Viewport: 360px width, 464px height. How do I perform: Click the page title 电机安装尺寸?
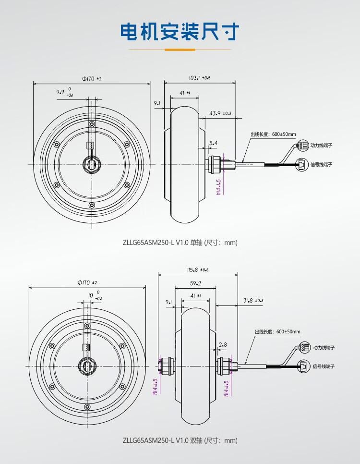(180, 31)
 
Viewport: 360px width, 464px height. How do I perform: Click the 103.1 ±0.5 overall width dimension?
(200, 78)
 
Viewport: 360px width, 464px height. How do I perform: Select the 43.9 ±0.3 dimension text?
(220, 113)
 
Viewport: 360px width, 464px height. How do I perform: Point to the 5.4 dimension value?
(213, 143)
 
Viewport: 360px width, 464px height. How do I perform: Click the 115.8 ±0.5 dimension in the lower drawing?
(198, 270)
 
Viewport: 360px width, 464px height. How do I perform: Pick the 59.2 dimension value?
(195, 283)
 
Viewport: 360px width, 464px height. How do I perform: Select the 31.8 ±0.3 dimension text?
(253, 300)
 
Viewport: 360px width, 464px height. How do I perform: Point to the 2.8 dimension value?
(223, 345)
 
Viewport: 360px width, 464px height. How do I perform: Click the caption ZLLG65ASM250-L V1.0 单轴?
(162, 243)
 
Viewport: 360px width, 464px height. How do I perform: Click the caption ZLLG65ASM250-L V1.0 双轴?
(162, 440)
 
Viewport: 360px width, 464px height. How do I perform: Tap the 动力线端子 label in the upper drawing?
(321, 145)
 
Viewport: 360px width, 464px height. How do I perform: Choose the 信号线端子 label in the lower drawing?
(324, 366)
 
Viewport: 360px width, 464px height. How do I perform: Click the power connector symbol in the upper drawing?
(301, 146)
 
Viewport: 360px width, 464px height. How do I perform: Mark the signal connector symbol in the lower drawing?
(304, 366)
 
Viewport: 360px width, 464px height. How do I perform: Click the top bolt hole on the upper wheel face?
(92, 124)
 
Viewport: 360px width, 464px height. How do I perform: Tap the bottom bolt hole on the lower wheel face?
(87, 406)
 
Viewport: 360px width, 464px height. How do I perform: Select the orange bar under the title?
(180, 50)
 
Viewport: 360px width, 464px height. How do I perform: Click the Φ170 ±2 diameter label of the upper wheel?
(92, 79)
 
